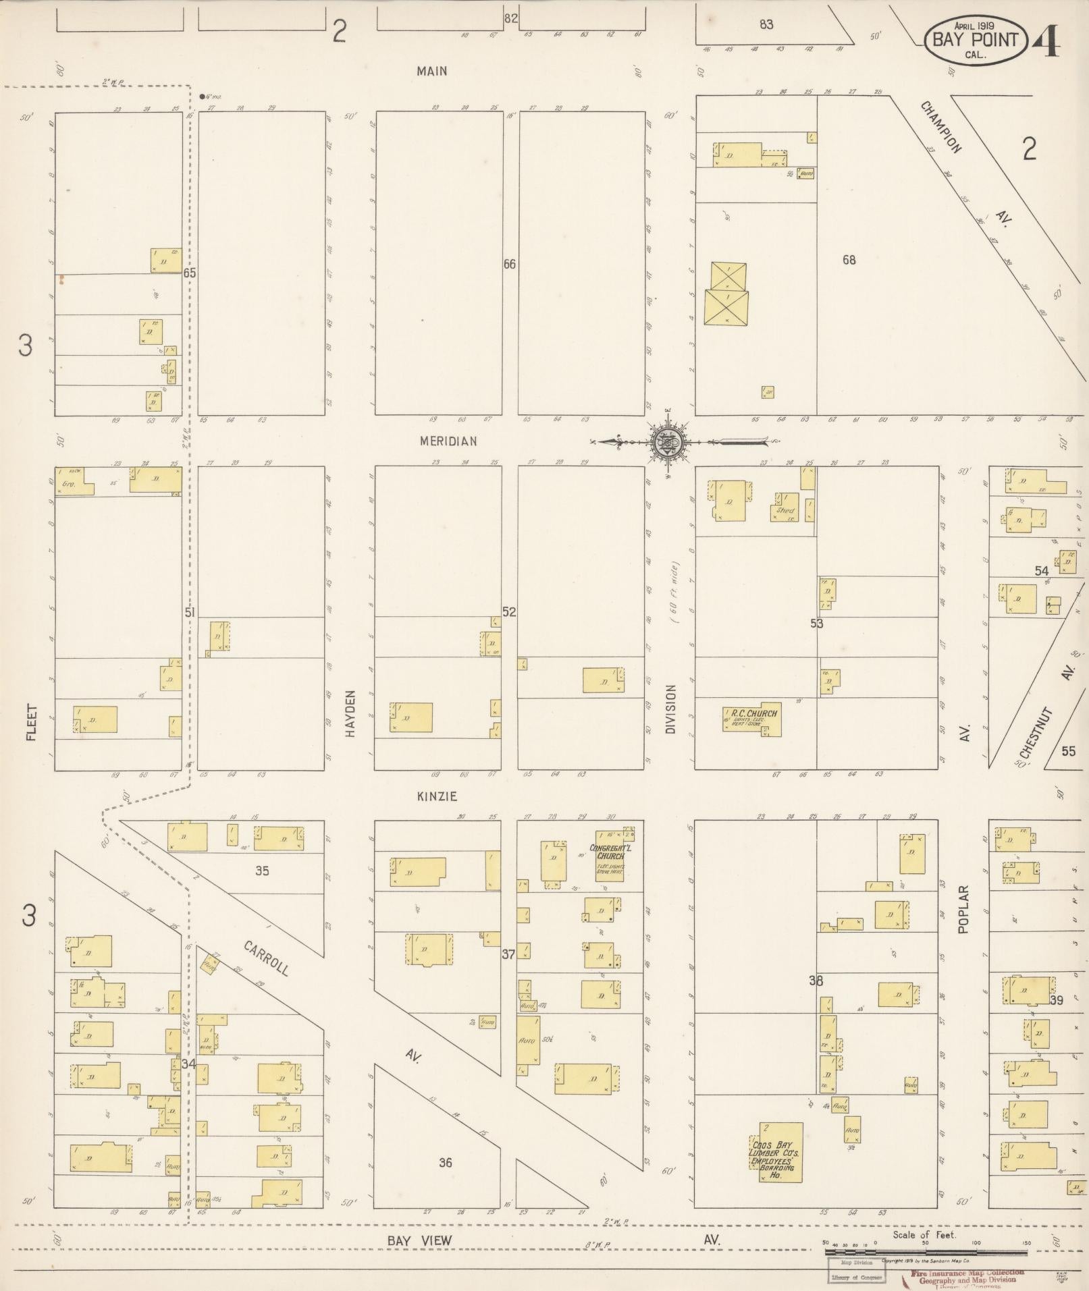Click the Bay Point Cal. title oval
click(x=975, y=40)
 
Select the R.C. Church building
click(x=752, y=720)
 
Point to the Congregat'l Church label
click(x=610, y=852)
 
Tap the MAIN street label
click(x=431, y=71)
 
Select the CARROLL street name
click(x=267, y=958)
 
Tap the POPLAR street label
click(x=963, y=909)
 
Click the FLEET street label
click(x=31, y=723)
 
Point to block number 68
click(x=849, y=260)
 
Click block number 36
click(x=445, y=1162)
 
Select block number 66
click(x=510, y=265)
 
